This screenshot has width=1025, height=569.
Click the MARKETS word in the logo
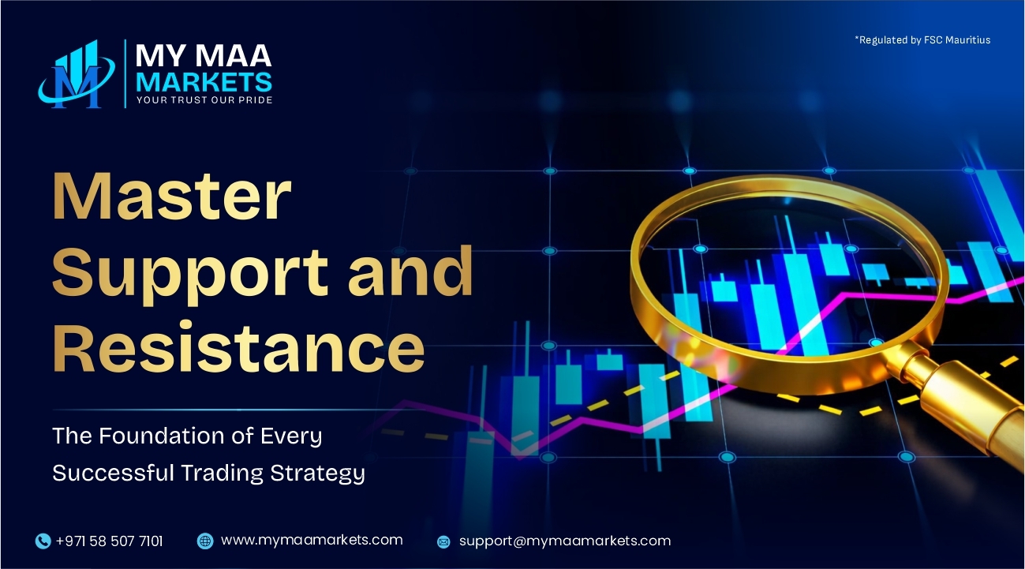click(x=204, y=81)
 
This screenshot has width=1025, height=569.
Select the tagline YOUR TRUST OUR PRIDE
click(x=204, y=100)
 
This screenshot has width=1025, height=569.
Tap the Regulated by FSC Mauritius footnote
click(x=922, y=39)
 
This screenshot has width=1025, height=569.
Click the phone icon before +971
click(x=43, y=541)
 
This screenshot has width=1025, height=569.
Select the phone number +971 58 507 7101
click(x=109, y=541)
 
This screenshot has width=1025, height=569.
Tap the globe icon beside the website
click(x=205, y=541)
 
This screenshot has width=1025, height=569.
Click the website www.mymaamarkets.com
click(x=312, y=541)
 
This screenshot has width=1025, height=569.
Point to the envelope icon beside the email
click(x=443, y=542)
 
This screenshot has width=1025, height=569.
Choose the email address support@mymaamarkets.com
click(x=565, y=541)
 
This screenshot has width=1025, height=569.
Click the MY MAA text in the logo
click(x=204, y=56)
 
